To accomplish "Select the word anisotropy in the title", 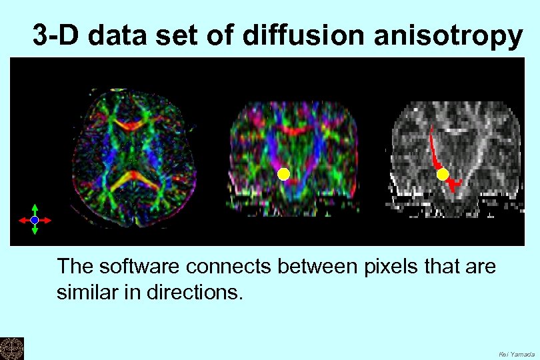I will click(x=449, y=36).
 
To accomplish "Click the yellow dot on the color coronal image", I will click(x=283, y=175).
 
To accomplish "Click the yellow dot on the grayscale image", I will click(x=443, y=175).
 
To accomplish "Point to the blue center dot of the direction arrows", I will click(x=35, y=219).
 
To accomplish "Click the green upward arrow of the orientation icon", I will click(x=35, y=209).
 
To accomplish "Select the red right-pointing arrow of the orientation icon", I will click(x=46, y=219).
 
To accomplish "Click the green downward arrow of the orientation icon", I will click(x=35, y=230).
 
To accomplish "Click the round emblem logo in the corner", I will click(x=11, y=348).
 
